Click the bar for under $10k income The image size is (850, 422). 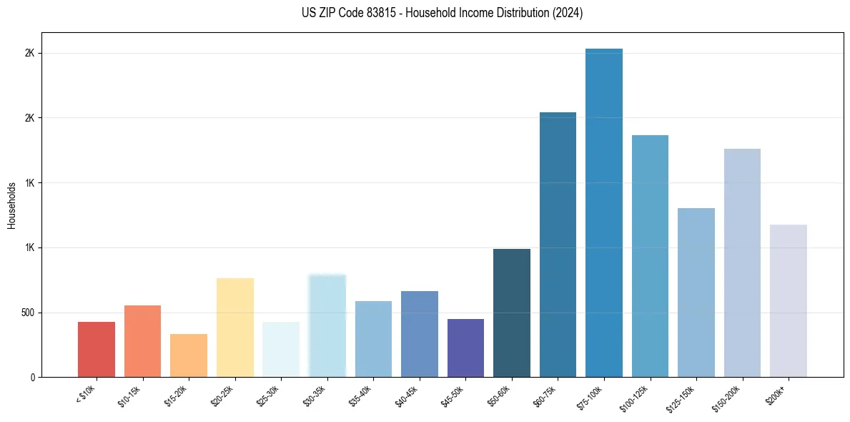tap(97, 350)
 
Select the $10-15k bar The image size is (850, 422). tap(142, 341)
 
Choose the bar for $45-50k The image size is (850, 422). tap(465, 348)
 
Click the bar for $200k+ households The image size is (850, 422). tap(789, 301)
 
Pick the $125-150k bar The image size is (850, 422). tap(696, 293)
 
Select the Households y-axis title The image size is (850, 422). tap(12, 205)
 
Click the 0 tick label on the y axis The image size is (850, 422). tap(33, 378)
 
